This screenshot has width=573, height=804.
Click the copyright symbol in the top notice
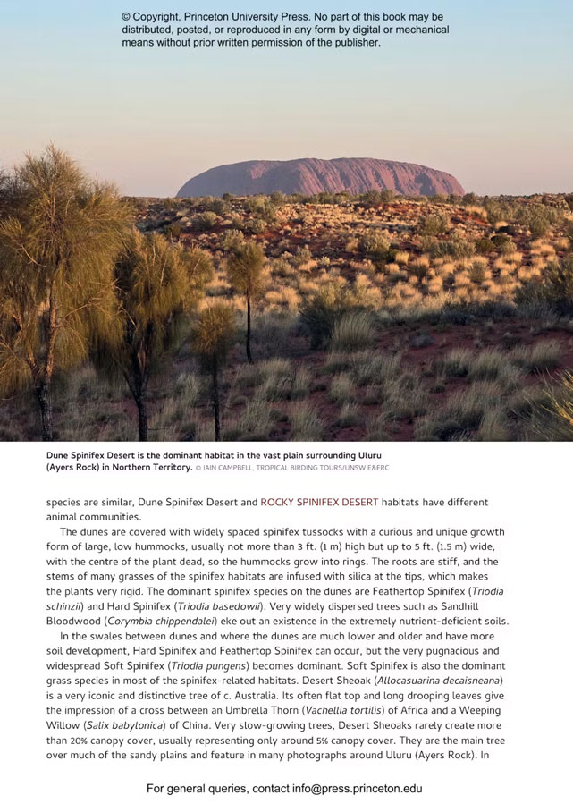(x=127, y=17)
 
